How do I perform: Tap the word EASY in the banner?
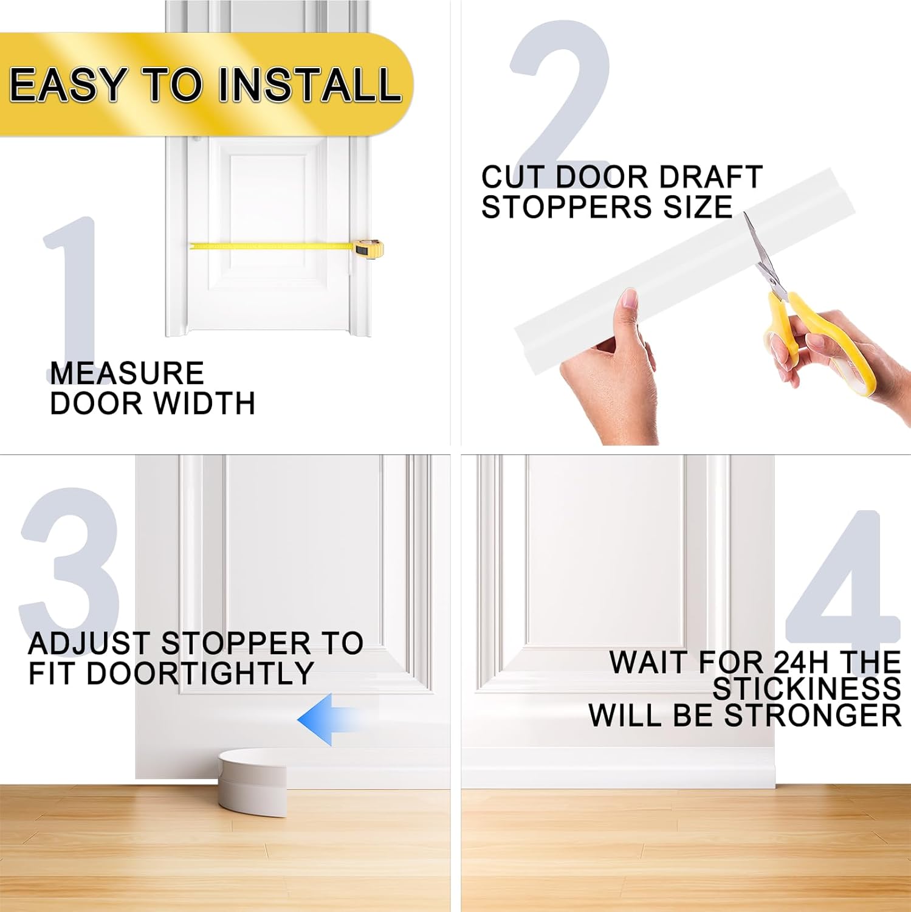[67, 85]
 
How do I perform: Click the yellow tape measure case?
[369, 249]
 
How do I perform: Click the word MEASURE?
[126, 373]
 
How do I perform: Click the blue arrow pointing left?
[325, 720]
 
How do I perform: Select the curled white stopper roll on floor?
[252, 781]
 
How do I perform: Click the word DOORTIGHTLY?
[200, 674]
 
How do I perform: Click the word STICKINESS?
[806, 689]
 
